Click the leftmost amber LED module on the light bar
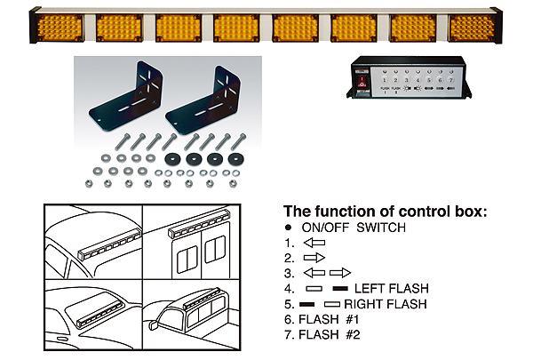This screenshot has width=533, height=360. point(58,27)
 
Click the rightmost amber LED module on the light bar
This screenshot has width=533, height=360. point(471,27)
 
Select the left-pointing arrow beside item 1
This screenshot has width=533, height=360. point(314,243)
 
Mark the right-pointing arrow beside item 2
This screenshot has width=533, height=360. point(316,258)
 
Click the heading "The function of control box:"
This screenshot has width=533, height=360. point(385,211)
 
